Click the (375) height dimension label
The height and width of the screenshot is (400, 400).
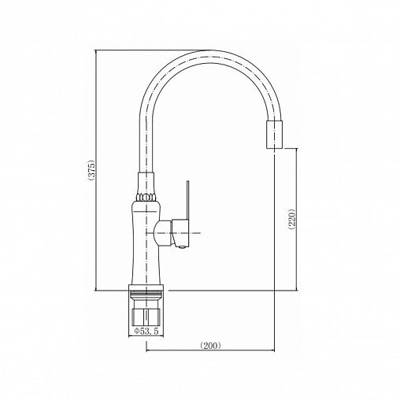click(x=91, y=170)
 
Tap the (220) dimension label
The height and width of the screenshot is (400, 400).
click(x=291, y=220)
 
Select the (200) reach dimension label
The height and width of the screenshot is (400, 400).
click(x=210, y=345)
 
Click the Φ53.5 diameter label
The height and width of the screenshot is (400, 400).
click(x=146, y=331)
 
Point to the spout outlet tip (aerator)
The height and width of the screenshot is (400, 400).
click(x=275, y=135)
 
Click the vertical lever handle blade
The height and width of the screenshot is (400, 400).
click(x=188, y=200)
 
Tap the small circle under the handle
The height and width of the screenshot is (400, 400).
click(x=182, y=246)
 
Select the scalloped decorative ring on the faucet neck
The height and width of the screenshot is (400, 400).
click(x=146, y=197)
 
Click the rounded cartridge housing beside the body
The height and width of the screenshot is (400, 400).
click(x=164, y=233)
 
